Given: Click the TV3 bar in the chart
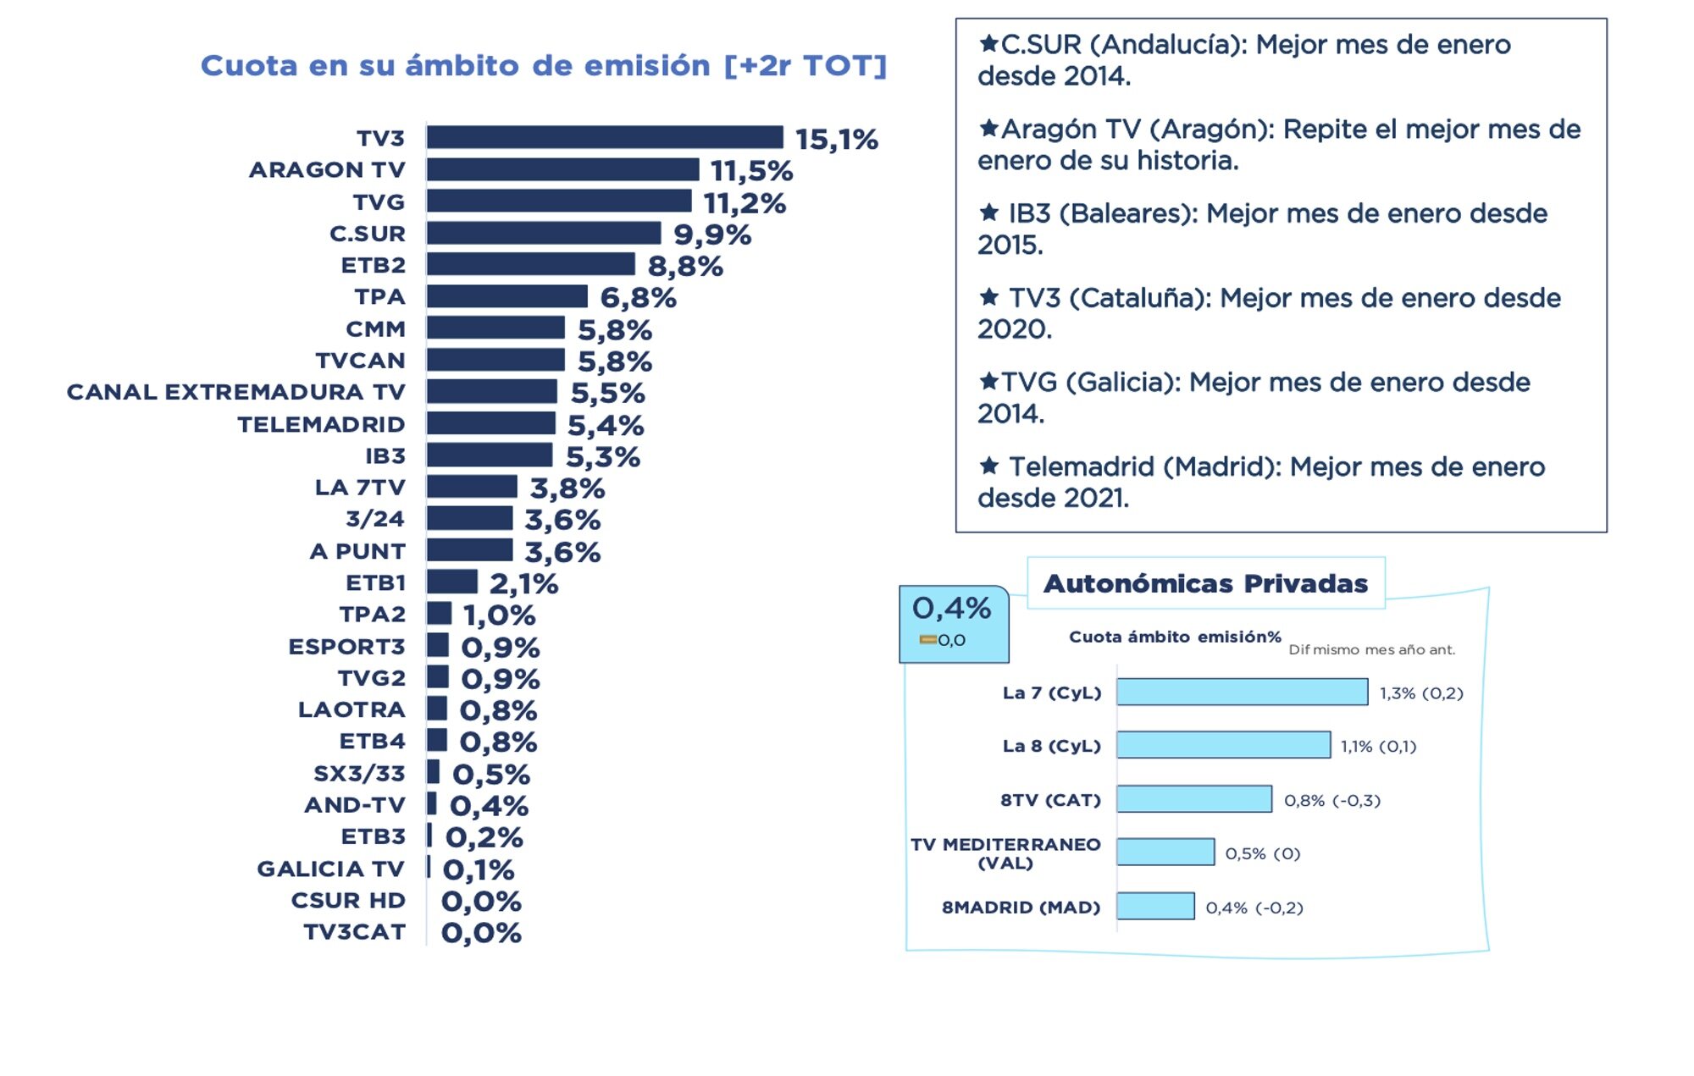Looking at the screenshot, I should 604,137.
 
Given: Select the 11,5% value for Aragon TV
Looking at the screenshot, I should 751,171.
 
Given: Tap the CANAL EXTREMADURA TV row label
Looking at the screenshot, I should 235,392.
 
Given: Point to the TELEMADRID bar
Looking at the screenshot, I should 490,423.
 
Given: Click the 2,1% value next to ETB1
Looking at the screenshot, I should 523,583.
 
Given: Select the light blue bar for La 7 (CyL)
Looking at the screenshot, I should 1241,692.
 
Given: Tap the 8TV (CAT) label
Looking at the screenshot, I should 1050,800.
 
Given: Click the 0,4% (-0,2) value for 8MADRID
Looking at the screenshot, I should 1254,908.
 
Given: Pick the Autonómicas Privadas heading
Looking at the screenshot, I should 1205,583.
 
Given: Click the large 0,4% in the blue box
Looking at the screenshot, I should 951,608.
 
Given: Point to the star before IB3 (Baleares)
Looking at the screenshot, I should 988,212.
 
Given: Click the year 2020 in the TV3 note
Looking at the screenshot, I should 1014,329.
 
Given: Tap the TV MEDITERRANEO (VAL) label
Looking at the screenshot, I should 1005,853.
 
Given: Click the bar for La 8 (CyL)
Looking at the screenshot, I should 1222,745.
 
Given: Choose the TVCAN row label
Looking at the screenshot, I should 360,361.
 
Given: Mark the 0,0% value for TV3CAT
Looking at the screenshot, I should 481,933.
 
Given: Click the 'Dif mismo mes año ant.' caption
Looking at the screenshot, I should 1371,650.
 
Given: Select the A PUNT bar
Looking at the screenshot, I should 469,550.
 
